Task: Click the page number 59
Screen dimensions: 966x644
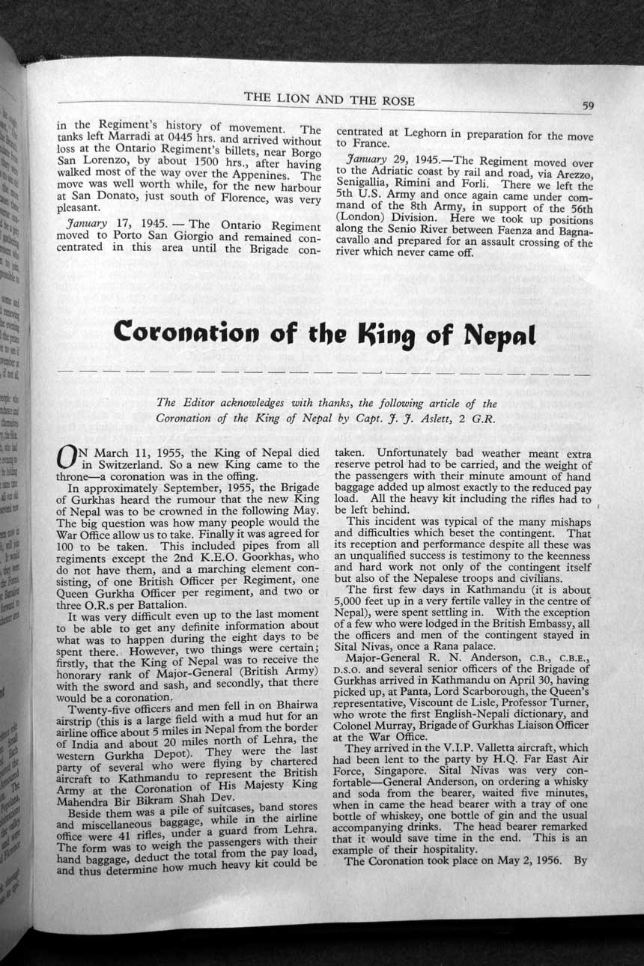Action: [589, 106]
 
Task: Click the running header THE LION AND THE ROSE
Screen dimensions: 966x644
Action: [329, 100]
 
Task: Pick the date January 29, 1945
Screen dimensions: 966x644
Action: [389, 162]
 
